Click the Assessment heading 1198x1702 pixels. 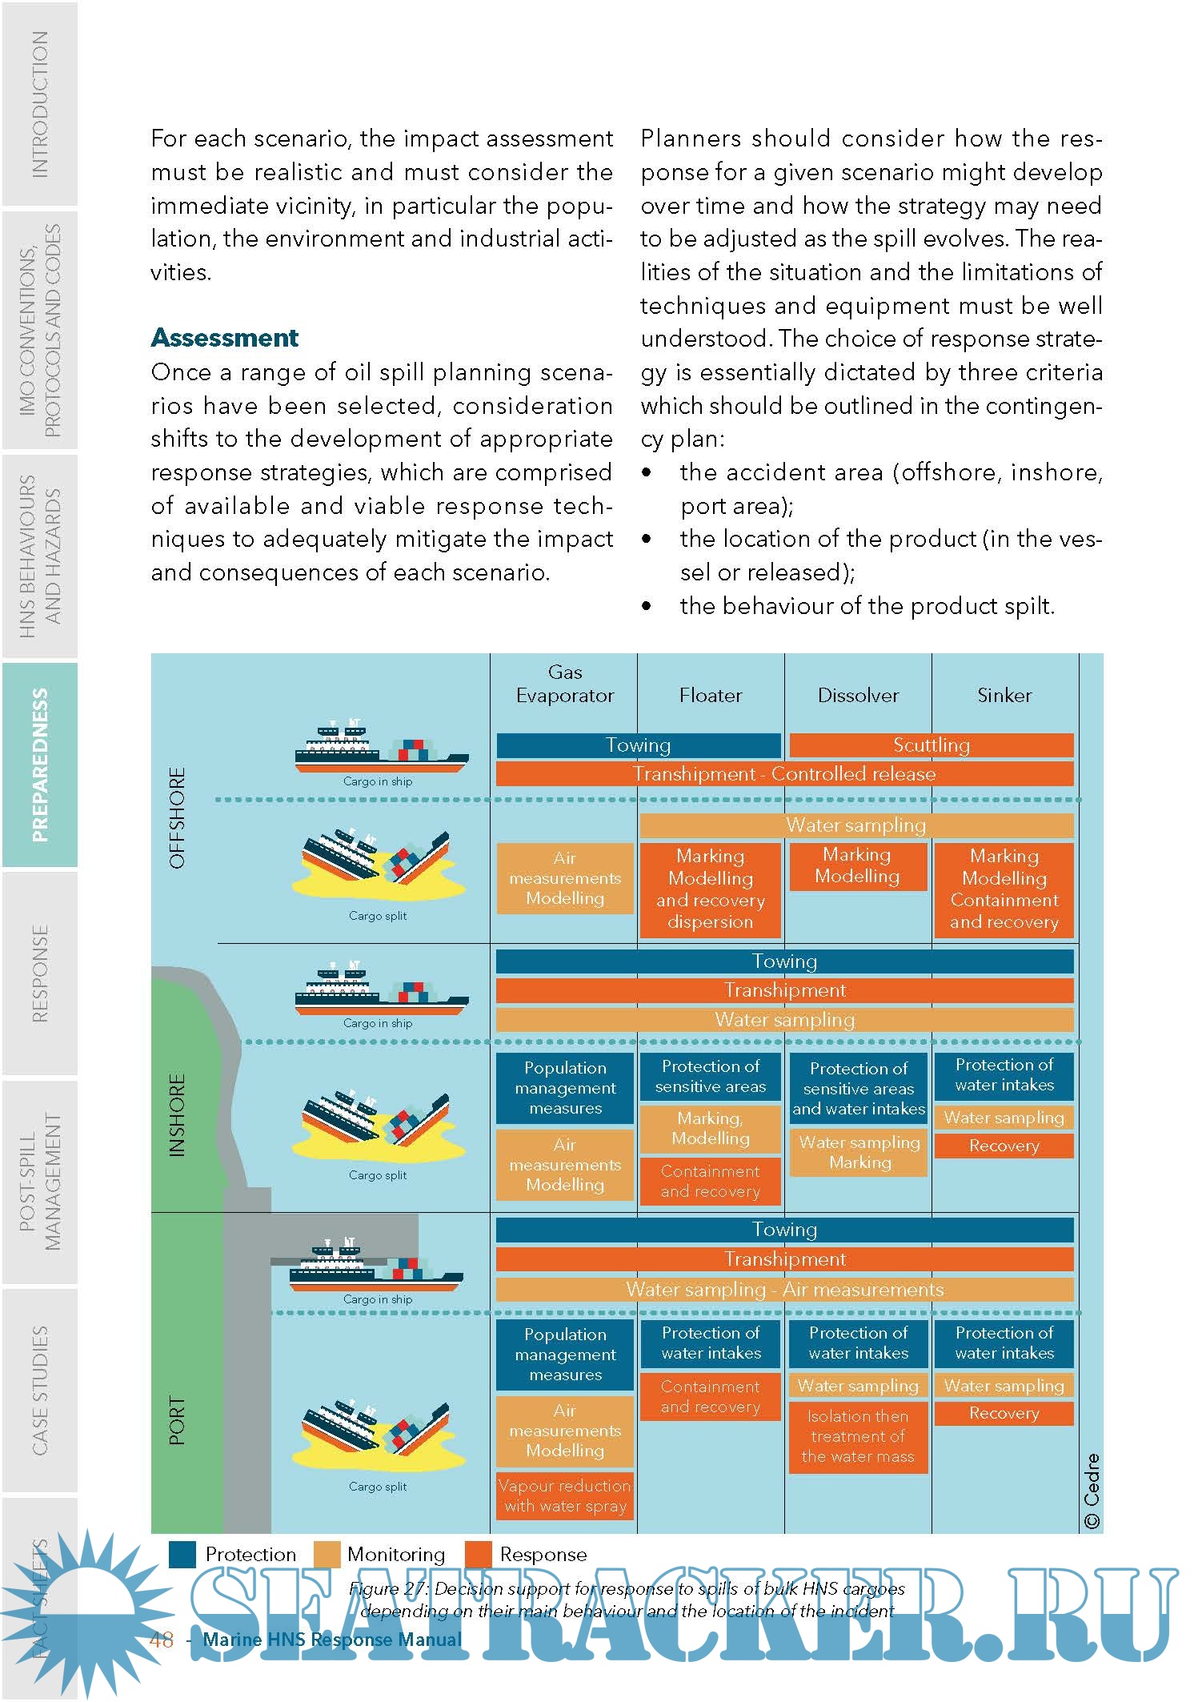click(x=224, y=338)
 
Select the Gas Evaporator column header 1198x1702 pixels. click(x=564, y=684)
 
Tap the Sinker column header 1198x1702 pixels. click(x=1004, y=695)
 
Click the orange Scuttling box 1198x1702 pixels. click(x=931, y=745)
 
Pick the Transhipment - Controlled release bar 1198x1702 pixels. click(x=784, y=774)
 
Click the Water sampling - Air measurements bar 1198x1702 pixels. click(x=784, y=1290)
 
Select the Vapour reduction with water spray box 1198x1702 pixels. click(x=564, y=1495)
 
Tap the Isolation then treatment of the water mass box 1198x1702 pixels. click(x=858, y=1436)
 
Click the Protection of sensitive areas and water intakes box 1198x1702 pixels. click(x=858, y=1088)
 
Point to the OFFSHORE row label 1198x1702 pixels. click(x=178, y=817)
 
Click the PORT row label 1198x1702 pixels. click(x=178, y=1421)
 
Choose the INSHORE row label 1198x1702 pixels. click(x=178, y=1115)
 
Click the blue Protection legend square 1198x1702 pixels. click(x=182, y=1555)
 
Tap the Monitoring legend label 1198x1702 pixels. click(x=395, y=1555)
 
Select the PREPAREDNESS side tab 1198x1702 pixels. click(x=39, y=765)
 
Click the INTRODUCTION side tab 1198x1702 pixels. click(x=39, y=104)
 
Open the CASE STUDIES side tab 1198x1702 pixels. click(x=39, y=1390)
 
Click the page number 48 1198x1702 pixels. click(x=162, y=1640)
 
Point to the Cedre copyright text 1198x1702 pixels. click(x=1092, y=1491)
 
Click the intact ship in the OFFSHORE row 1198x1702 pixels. click(x=382, y=749)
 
